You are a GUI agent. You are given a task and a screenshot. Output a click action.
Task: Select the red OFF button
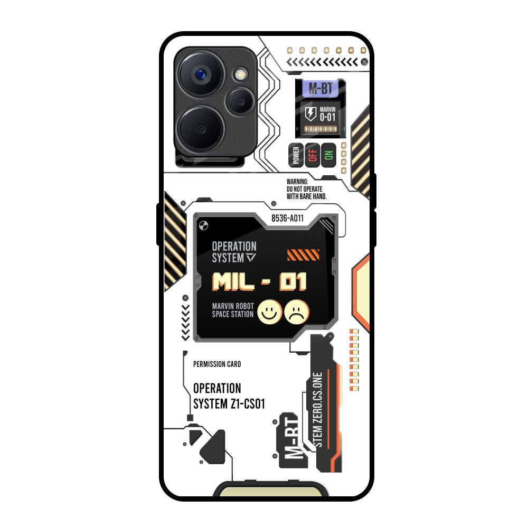click(x=313, y=155)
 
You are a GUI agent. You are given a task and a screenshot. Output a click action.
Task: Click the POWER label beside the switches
click(x=296, y=155)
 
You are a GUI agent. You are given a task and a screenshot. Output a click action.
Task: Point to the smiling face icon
click(x=270, y=312)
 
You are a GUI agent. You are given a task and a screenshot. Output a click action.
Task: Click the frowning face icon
click(x=297, y=312)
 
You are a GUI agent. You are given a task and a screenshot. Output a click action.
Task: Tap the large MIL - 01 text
click(x=259, y=282)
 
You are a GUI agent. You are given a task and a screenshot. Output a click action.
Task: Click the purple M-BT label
click(x=320, y=89)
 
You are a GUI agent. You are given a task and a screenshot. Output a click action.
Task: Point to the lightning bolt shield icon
click(x=311, y=114)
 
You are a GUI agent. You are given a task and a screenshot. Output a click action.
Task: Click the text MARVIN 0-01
click(x=328, y=114)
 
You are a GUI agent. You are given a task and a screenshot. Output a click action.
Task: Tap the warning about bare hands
click(x=306, y=188)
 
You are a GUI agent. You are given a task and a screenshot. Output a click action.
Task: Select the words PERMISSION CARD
click(x=217, y=364)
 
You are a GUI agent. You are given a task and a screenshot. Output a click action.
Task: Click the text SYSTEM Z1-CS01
click(x=229, y=404)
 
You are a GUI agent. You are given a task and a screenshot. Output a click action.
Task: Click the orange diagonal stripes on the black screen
click(x=303, y=255)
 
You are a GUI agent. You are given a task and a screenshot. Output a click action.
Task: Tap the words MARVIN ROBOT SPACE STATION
click(x=232, y=310)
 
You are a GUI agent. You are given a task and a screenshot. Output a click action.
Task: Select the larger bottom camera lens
click(x=202, y=129)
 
